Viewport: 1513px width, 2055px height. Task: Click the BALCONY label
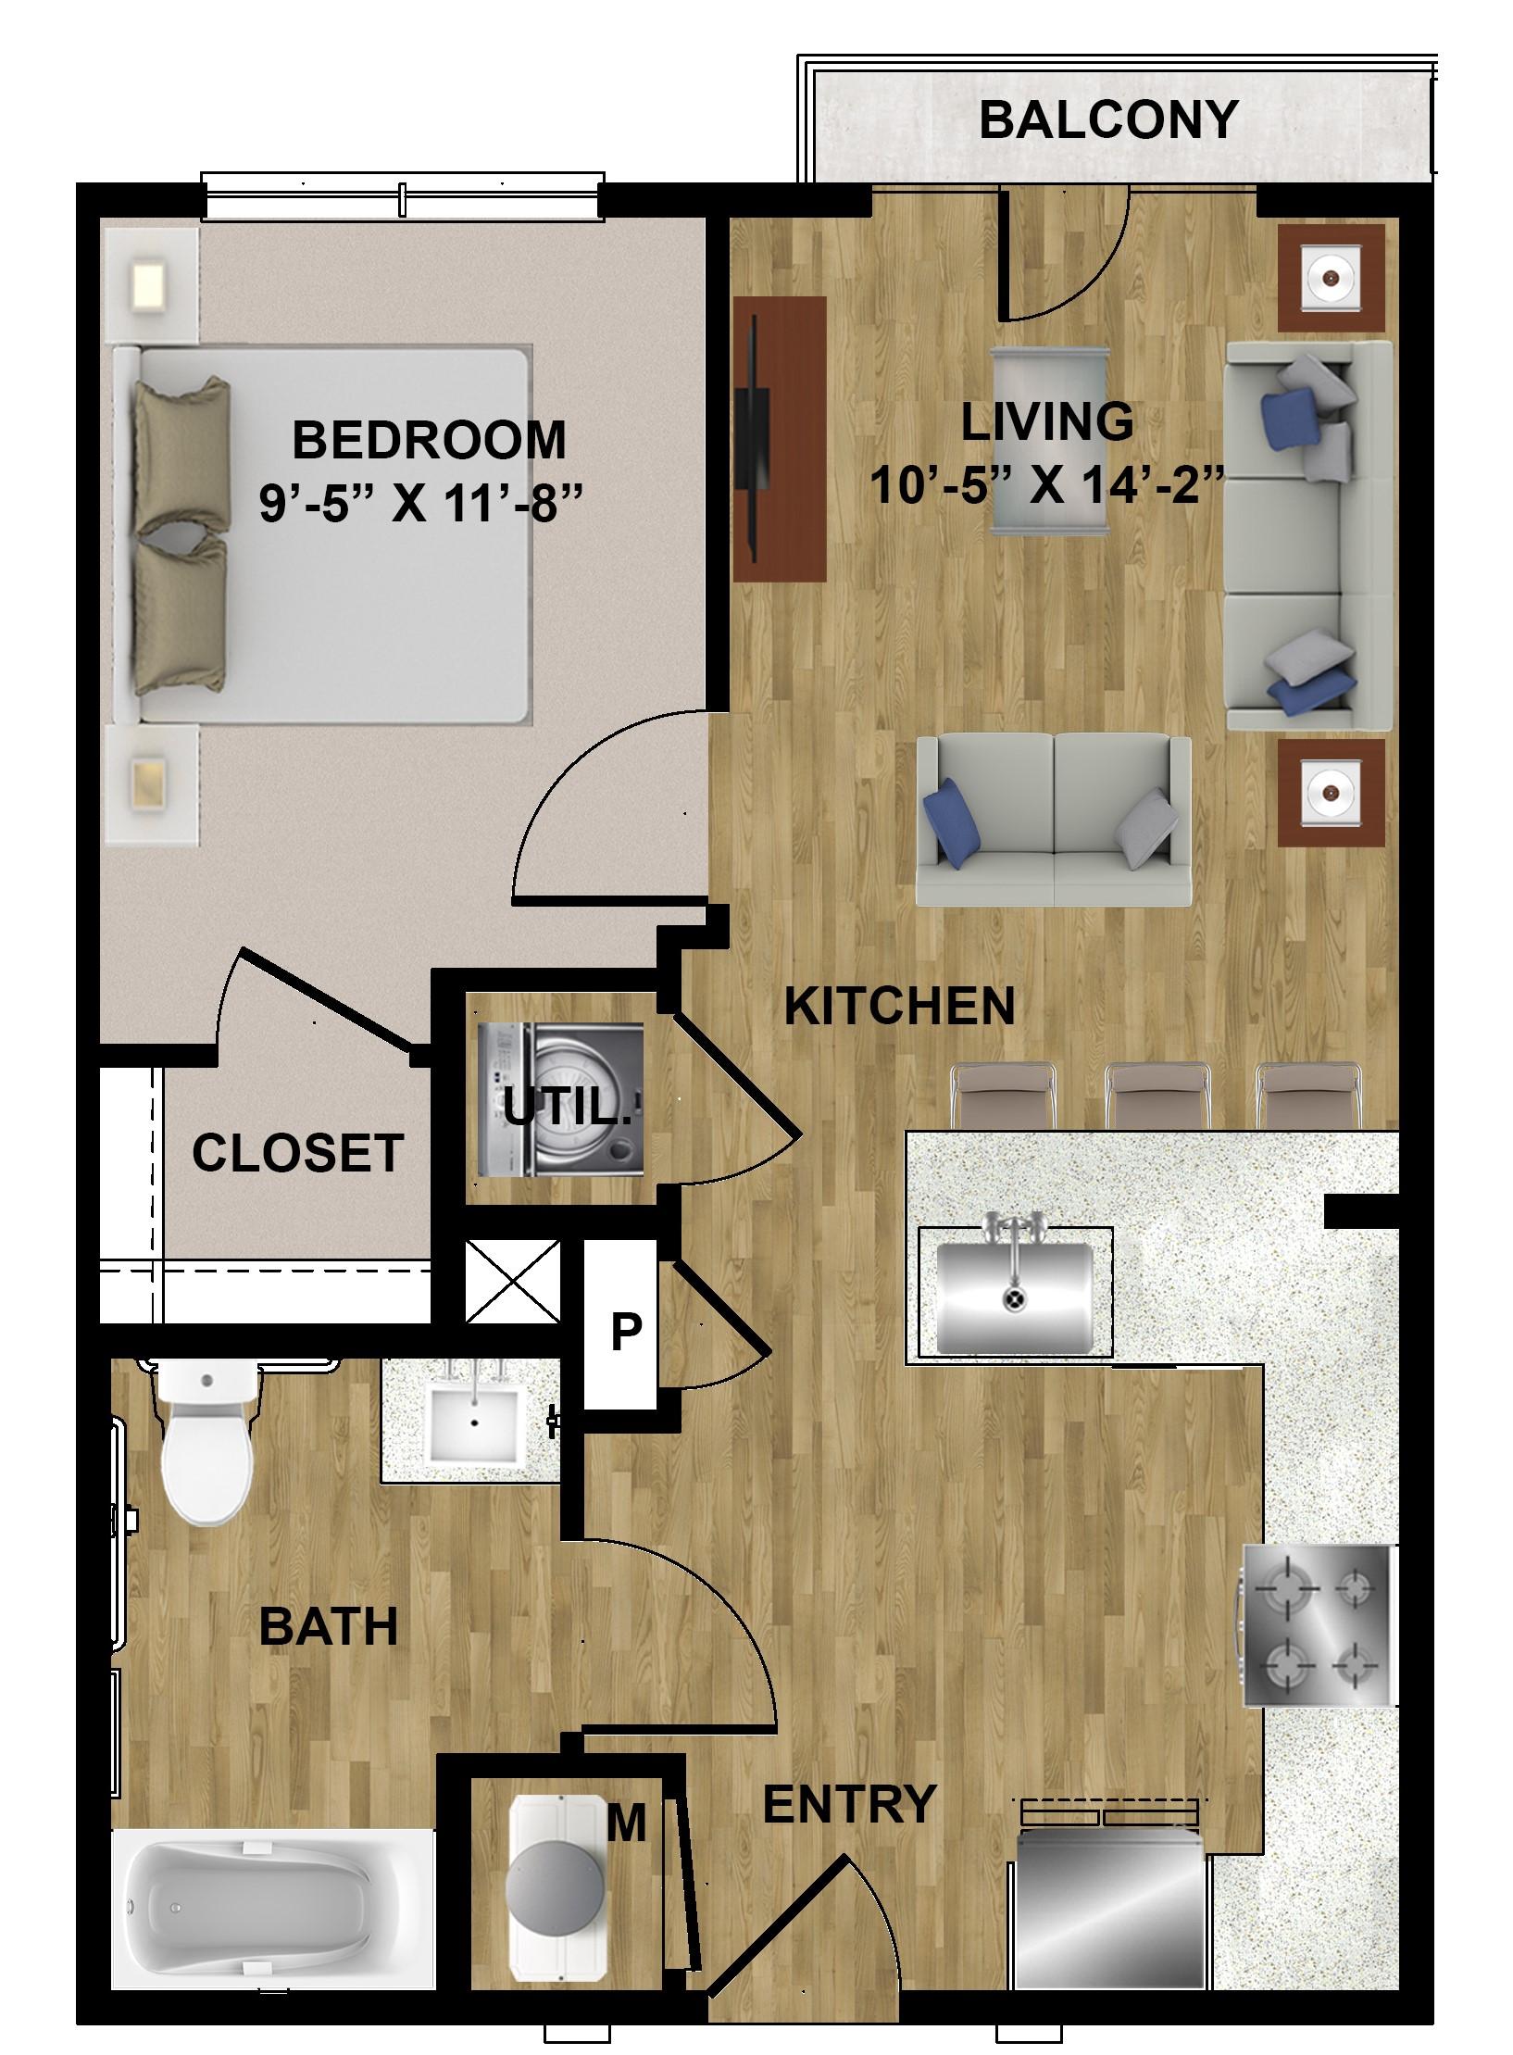point(1107,120)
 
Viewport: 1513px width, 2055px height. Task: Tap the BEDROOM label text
point(428,440)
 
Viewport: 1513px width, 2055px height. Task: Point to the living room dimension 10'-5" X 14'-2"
point(1048,484)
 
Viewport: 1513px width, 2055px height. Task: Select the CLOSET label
point(297,1153)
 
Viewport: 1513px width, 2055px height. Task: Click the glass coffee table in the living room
point(1048,441)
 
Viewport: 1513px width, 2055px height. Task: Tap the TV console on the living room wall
point(779,439)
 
